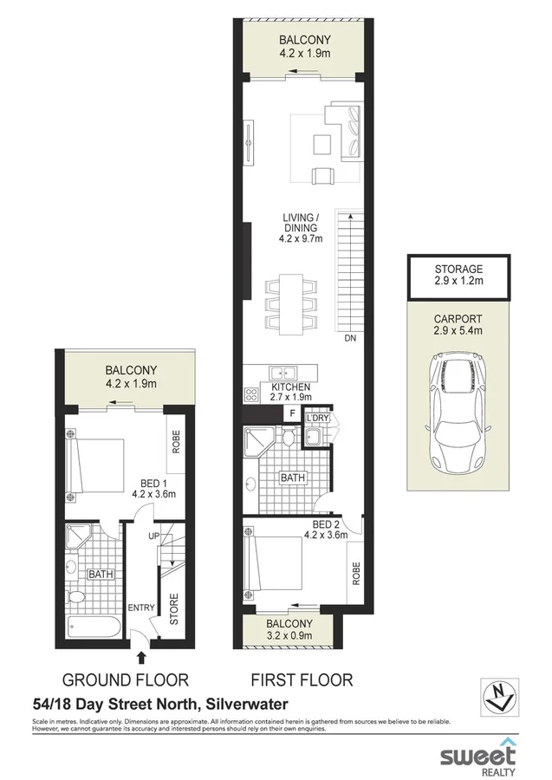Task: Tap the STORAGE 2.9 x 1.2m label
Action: (x=459, y=276)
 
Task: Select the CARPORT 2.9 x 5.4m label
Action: (x=459, y=324)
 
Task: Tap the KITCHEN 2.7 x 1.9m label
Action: (x=290, y=393)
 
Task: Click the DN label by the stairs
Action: (x=351, y=338)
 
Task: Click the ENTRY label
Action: (x=140, y=608)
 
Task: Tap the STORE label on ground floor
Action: (x=173, y=609)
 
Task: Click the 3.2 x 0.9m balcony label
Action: (x=289, y=629)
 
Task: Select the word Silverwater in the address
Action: (x=245, y=705)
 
